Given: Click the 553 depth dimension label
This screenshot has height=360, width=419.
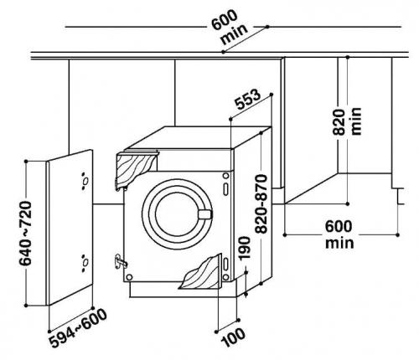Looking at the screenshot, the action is tap(248, 99).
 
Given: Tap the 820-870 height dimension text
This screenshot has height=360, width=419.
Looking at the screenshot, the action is tap(261, 203).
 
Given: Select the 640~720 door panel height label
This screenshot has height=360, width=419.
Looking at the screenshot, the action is tap(26, 233).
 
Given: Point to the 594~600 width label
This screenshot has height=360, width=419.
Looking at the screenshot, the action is tap(78, 328).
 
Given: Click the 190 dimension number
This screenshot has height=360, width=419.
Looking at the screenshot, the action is tap(244, 248).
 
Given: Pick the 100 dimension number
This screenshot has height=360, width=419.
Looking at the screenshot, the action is tap(234, 337).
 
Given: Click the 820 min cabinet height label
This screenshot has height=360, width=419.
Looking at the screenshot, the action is tap(347, 121).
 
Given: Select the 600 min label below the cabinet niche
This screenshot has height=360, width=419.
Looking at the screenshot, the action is tap(339, 234).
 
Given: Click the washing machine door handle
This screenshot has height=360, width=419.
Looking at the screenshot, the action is tap(205, 214).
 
